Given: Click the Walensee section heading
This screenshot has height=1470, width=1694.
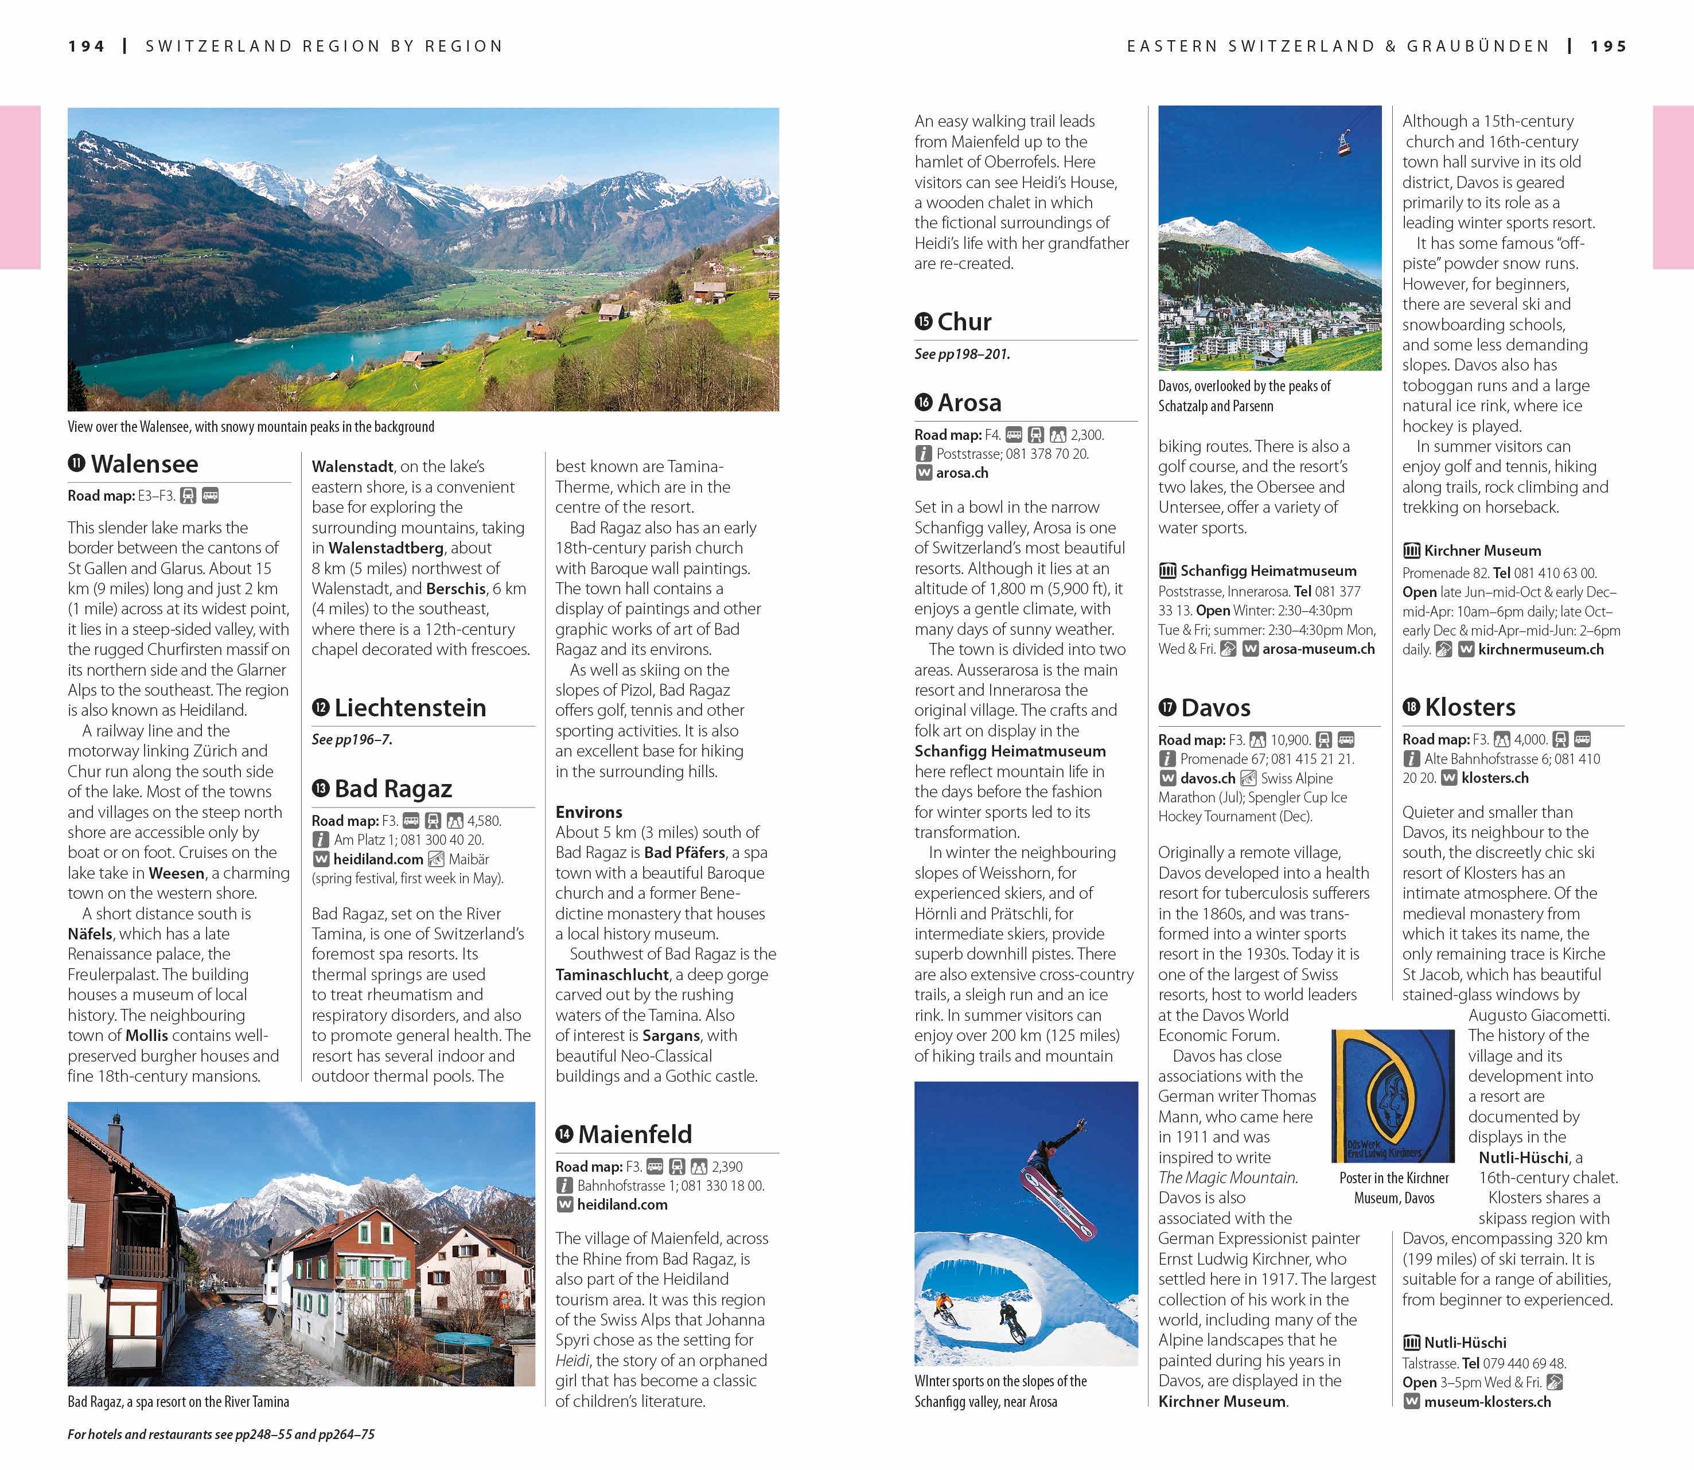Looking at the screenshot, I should pos(145,465).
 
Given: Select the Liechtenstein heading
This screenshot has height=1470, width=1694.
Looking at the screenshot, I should pos(410,708).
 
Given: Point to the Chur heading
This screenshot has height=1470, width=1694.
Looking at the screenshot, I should pos(964,322).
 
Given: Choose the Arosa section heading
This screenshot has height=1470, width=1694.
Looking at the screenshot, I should pos(969,403).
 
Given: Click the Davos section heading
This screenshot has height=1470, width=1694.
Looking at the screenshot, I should pos(1216,708).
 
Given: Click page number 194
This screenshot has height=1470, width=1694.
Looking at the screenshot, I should pos(86,47).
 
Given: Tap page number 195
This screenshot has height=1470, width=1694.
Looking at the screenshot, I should pos(1608,47).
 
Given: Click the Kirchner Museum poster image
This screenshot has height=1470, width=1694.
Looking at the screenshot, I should pos(1394,1096).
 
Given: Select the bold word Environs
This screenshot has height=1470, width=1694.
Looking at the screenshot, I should pos(588,812).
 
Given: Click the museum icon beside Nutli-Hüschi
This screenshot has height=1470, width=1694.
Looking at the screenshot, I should pos(1411,1343).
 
